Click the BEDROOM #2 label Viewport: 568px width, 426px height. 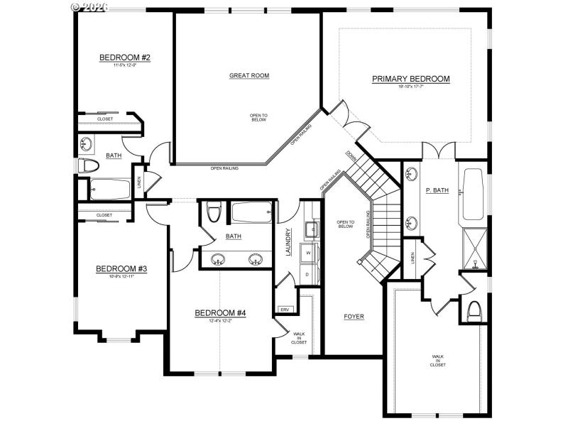[124, 58]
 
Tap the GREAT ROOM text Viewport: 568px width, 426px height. [249, 75]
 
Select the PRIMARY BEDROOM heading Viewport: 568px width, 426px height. [410, 79]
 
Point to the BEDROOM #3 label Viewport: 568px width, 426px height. [121, 268]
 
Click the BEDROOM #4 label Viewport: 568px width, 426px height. [220, 312]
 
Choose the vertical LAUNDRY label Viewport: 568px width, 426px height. [288, 242]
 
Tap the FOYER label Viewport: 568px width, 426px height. [354, 317]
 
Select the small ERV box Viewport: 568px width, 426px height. [284, 309]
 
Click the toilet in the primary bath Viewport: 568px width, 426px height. [475, 310]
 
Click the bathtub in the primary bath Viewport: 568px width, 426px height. [474, 195]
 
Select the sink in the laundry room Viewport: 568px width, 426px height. [310, 229]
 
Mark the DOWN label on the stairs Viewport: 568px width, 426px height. [351, 155]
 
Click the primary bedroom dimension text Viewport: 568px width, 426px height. [410, 87]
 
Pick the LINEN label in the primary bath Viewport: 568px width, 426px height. [413, 258]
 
